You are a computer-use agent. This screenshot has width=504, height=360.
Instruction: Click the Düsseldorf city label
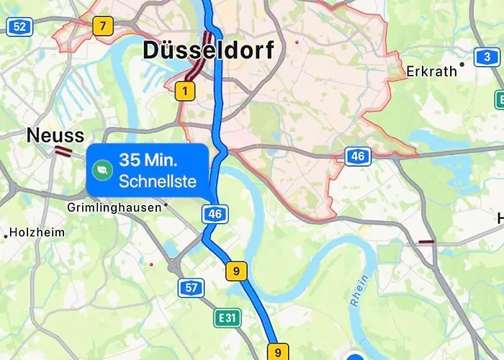click(x=209, y=50)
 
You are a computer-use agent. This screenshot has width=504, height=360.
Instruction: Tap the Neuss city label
click(x=55, y=135)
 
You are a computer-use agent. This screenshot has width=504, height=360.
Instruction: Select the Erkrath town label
click(x=432, y=71)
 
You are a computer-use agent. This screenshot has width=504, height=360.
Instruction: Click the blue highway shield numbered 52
click(x=19, y=27)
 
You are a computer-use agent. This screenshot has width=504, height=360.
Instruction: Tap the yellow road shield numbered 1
click(x=185, y=91)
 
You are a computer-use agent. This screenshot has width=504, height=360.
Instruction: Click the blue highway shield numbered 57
click(x=191, y=288)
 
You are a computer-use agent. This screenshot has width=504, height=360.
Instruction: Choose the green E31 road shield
click(x=227, y=317)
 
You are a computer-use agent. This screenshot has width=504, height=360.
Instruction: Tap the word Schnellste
click(x=157, y=181)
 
